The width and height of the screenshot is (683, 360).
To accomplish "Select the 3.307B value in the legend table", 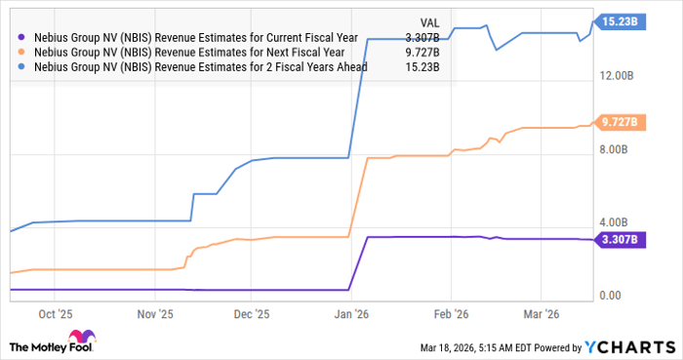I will click(421, 38).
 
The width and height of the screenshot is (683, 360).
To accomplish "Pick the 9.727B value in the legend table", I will click(421, 53).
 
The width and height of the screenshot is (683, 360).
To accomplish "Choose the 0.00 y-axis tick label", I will click(610, 295).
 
